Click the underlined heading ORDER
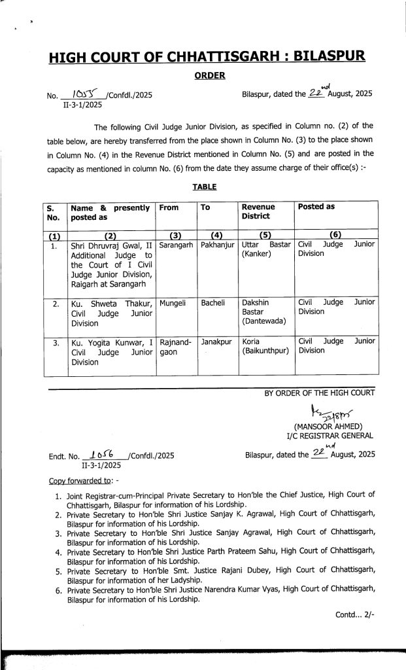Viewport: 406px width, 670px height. (209, 76)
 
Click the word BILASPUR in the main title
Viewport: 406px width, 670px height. (328, 58)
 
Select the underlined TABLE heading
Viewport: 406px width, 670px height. (204, 187)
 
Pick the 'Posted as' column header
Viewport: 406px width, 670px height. (316, 207)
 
